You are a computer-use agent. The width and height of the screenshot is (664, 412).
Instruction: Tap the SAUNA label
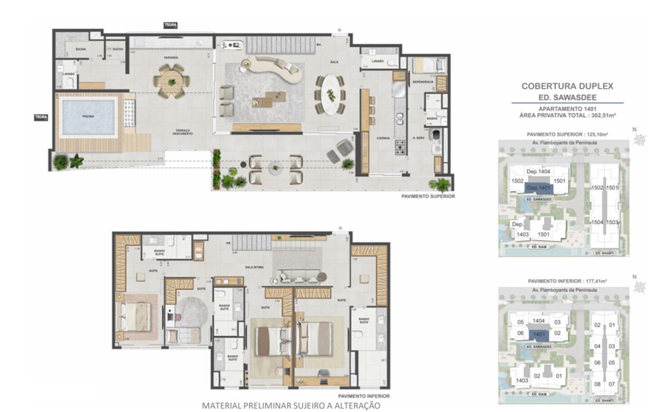coord(72,49)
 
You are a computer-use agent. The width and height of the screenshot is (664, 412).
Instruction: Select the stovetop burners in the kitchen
coord(400,148)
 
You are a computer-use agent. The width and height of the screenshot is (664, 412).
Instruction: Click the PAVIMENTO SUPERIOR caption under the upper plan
coord(428,197)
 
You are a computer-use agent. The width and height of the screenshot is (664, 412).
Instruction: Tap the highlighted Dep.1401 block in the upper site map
coord(539,188)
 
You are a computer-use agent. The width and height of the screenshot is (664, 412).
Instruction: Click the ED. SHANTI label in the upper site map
coord(604,253)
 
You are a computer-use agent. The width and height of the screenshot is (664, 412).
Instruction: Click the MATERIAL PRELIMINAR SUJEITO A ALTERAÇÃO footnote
coord(291,405)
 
